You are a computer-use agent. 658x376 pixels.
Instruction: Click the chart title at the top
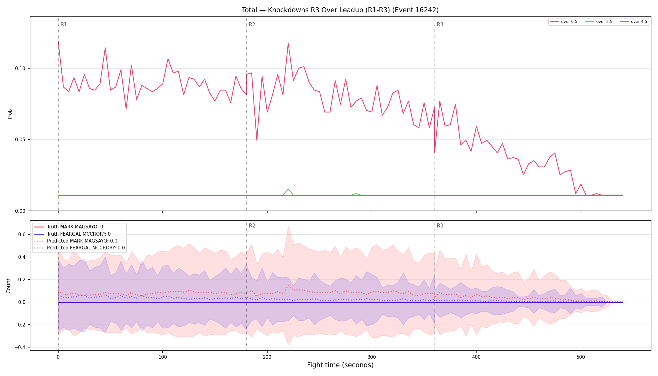point(340,10)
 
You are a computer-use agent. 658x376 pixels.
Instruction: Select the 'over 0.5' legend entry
point(564,22)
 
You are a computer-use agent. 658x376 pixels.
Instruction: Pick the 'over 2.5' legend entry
point(599,22)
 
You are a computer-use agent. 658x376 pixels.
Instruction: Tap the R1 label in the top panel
point(64,24)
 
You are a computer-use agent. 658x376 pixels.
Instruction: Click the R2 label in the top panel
point(252,24)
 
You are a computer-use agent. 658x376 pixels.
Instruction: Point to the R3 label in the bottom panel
point(440,226)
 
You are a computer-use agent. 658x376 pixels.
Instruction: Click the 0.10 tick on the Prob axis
point(21,69)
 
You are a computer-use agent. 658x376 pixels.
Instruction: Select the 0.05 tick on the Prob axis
point(21,140)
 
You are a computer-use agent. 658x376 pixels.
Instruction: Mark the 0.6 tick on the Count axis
point(22,234)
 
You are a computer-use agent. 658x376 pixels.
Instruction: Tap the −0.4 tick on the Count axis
point(20,347)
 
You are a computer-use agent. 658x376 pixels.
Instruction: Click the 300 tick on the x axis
point(372,357)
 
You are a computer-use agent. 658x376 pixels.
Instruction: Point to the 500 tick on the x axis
point(581,357)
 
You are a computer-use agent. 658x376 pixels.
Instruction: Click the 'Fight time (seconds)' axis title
point(340,365)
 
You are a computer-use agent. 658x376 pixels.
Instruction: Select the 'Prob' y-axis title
point(10,114)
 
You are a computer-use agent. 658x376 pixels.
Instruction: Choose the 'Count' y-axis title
point(8,286)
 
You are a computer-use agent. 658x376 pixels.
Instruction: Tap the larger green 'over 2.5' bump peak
point(288,189)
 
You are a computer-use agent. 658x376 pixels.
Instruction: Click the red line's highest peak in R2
point(288,43)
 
